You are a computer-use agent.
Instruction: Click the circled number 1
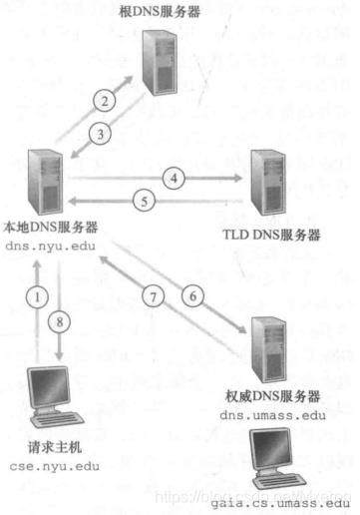[38, 296]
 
